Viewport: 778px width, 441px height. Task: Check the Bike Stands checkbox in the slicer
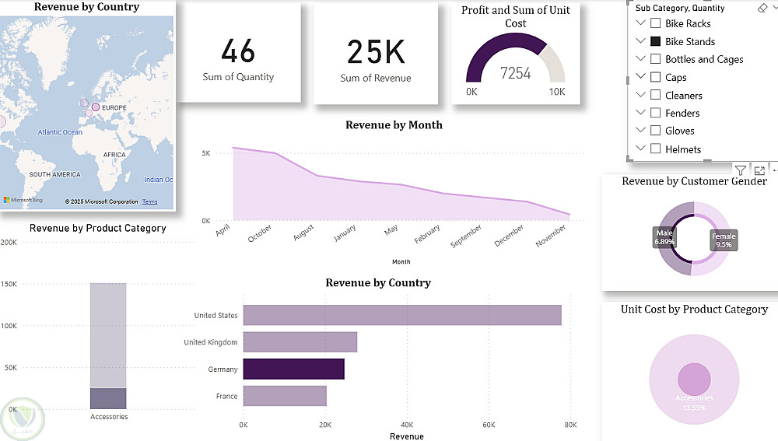(x=655, y=41)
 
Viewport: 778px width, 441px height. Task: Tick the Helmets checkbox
(x=655, y=149)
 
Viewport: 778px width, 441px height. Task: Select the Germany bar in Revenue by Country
(x=293, y=369)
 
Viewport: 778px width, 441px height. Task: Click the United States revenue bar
(x=401, y=315)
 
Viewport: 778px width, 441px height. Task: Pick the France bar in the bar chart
(x=285, y=396)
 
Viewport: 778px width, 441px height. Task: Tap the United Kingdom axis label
(x=211, y=342)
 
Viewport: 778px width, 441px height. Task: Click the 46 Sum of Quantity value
(x=238, y=51)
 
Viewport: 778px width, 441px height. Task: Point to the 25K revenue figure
(x=376, y=52)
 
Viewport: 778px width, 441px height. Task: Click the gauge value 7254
(x=515, y=73)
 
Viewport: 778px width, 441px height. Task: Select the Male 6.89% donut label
(x=664, y=237)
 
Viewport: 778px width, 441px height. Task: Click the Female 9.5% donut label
(x=724, y=240)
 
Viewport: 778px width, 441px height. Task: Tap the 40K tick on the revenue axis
(x=406, y=425)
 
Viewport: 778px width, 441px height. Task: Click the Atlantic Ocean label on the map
(x=60, y=132)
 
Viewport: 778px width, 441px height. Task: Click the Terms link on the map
(x=149, y=201)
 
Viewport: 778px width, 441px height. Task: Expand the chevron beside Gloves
(x=641, y=131)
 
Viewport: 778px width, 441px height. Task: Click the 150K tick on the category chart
(x=9, y=284)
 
